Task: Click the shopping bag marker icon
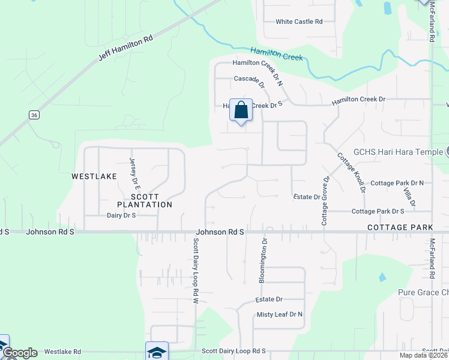coord(241,111)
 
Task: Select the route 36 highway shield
coord(34,115)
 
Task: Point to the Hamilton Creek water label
coord(277,54)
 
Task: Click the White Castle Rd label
coord(299,22)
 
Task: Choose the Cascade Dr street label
coord(249,79)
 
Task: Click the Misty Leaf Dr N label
coord(279,314)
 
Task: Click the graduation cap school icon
coord(157,352)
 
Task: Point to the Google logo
coord(19,353)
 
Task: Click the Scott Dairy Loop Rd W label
coord(196,270)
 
